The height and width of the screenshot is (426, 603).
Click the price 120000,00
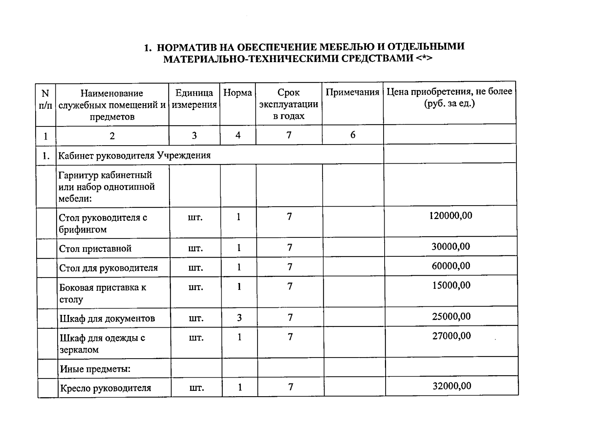pyautogui.click(x=451, y=215)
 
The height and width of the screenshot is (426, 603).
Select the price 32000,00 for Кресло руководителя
pyautogui.click(x=452, y=386)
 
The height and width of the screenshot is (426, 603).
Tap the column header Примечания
pyautogui.click(x=352, y=92)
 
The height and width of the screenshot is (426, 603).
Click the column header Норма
pyautogui.click(x=238, y=93)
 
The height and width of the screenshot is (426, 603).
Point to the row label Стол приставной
pyautogui.click(x=95, y=248)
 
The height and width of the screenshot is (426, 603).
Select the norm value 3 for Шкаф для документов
pyautogui.click(x=239, y=317)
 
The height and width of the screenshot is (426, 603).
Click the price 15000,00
pyautogui.click(x=451, y=285)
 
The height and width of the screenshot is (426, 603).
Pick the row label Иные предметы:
pyautogui.click(x=95, y=369)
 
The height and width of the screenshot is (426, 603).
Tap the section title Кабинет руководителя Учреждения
pyautogui.click(x=134, y=155)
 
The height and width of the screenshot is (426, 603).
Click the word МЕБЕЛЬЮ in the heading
pyautogui.click(x=346, y=47)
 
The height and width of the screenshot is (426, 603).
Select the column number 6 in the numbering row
pyautogui.click(x=353, y=135)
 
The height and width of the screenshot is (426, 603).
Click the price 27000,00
pyautogui.click(x=451, y=335)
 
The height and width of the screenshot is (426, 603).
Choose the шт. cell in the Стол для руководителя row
pyautogui.click(x=195, y=267)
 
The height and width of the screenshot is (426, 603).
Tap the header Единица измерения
pyautogui.click(x=194, y=99)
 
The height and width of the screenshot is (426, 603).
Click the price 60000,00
pyautogui.click(x=451, y=266)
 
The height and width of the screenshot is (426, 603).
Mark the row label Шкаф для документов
pyautogui.click(x=107, y=318)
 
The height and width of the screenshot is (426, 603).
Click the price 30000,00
pyautogui.click(x=451, y=246)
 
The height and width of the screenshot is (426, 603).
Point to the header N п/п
pyautogui.click(x=45, y=99)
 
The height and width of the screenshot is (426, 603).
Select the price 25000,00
pyautogui.click(x=451, y=316)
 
